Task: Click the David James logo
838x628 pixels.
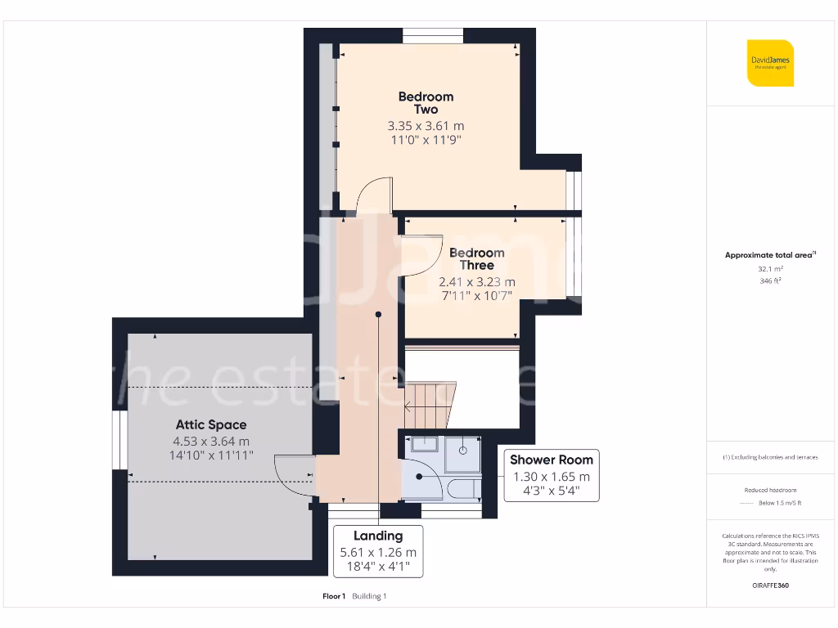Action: click(770, 63)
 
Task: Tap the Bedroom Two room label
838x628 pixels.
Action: click(426, 103)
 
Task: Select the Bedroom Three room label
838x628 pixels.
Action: click(476, 259)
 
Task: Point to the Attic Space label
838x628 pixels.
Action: click(210, 424)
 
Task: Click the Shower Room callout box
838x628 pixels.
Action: click(551, 475)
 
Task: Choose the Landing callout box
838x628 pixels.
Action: click(378, 551)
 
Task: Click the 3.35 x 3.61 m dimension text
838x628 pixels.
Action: click(426, 126)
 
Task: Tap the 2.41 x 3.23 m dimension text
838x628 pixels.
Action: click(476, 282)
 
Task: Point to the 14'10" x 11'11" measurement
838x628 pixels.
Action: click(210, 455)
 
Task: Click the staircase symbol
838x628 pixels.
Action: click(428, 405)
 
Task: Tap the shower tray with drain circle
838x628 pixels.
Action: click(463, 454)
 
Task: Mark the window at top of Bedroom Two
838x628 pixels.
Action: click(433, 35)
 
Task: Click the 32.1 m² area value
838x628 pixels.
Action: click(769, 268)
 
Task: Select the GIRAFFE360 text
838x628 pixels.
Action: click(769, 585)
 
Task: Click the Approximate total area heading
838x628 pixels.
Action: click(769, 255)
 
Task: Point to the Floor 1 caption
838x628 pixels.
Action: click(334, 596)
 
